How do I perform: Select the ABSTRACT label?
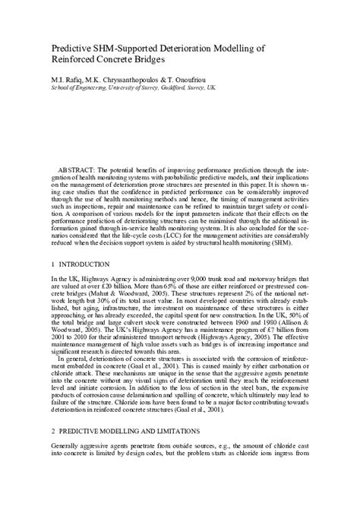[77, 165]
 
